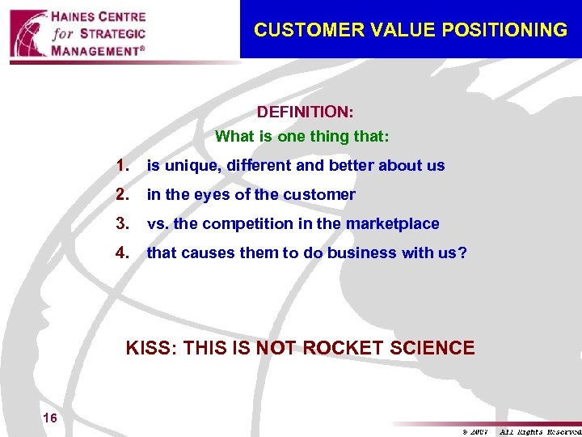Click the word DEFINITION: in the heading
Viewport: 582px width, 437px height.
305,110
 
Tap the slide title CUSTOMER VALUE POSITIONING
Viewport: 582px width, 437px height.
411,31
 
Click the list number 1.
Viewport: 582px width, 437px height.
123,166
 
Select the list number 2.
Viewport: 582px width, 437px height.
123,195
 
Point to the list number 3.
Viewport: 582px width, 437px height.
123,224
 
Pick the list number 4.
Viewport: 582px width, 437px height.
123,253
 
